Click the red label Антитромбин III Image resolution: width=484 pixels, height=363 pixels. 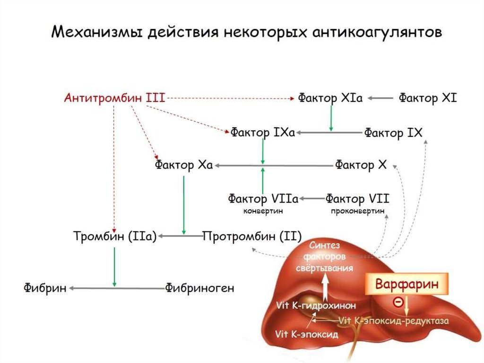(x=114, y=98)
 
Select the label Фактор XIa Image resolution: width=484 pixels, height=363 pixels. (x=330, y=98)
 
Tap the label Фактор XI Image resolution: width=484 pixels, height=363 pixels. (x=428, y=98)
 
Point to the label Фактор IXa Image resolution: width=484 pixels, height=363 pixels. (x=263, y=133)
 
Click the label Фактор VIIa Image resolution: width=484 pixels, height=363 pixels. (x=263, y=198)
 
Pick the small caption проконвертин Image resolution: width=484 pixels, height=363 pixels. (x=358, y=211)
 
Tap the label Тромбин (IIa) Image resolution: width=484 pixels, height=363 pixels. (x=115, y=236)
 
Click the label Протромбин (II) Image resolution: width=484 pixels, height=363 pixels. (x=252, y=236)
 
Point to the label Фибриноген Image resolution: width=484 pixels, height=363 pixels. (x=200, y=288)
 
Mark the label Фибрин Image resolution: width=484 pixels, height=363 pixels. (x=45, y=288)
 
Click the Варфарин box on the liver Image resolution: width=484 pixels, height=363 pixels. (x=407, y=284)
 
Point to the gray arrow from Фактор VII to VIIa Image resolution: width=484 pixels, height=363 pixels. (x=311, y=198)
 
